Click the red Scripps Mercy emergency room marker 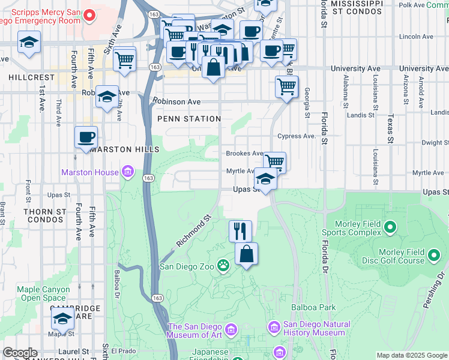pyautogui.click(x=89, y=15)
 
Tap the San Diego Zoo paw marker pyautogui.click(x=223, y=265)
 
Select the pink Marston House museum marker pyautogui.click(x=127, y=173)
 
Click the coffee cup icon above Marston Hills pyautogui.click(x=86, y=137)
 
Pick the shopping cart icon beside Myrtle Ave pyautogui.click(x=274, y=161)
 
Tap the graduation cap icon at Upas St pyautogui.click(x=265, y=178)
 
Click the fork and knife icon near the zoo pyautogui.click(x=240, y=230)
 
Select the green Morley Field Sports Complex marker pyautogui.click(x=391, y=227)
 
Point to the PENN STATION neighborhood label pyautogui.click(x=189, y=119)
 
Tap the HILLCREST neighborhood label pyautogui.click(x=32, y=77)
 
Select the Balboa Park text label pyautogui.click(x=313, y=307)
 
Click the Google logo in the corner pyautogui.click(x=20, y=352)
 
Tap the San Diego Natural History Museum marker pyautogui.click(x=274, y=327)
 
